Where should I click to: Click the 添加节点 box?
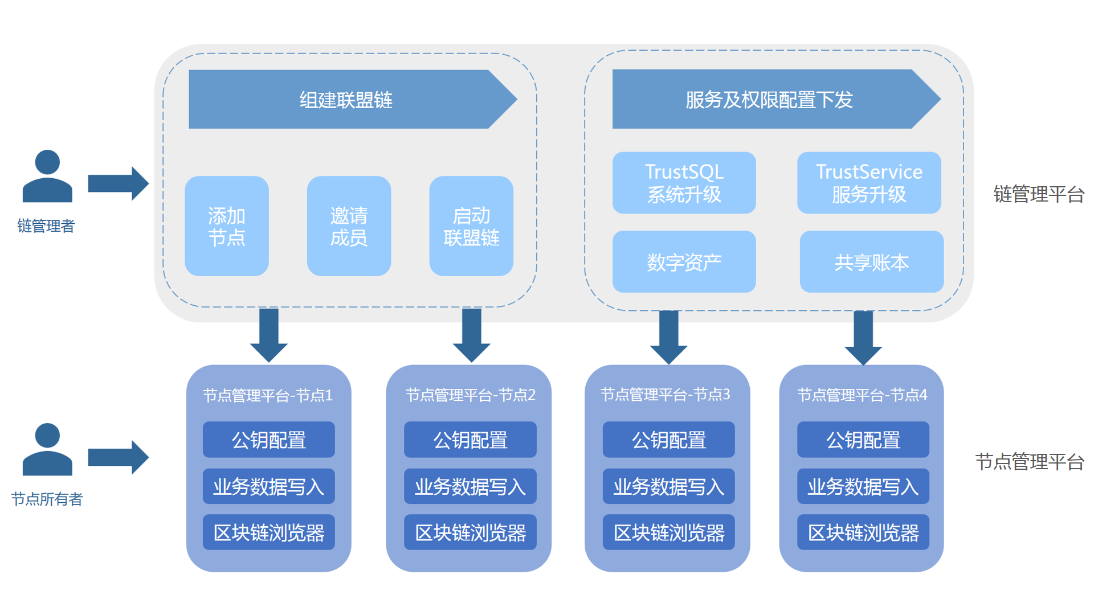pyautogui.click(x=226, y=226)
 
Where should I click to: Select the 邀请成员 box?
pyautogui.click(x=349, y=226)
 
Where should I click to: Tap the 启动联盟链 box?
pyautogui.click(x=471, y=226)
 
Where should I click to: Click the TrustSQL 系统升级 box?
pyautogui.click(x=684, y=183)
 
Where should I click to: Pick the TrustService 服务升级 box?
pyautogui.click(x=868, y=183)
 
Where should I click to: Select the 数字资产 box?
pyautogui.click(x=684, y=262)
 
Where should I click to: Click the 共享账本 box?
pyautogui.click(x=871, y=262)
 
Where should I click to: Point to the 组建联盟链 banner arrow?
pyautogui.click(x=348, y=100)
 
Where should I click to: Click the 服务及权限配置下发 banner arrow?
pyautogui.click(x=769, y=100)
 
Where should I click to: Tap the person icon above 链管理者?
pyautogui.click(x=47, y=177)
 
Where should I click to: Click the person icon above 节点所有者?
pyautogui.click(x=47, y=449)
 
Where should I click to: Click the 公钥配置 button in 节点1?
pyautogui.click(x=268, y=440)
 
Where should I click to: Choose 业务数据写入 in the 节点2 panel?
pyautogui.click(x=470, y=486)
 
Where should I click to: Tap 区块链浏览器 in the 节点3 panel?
pyautogui.click(x=668, y=532)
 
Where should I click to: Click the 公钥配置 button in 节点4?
pyautogui.click(x=863, y=440)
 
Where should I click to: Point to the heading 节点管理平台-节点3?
pyautogui.click(x=665, y=395)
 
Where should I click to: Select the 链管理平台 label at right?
pyautogui.click(x=1038, y=194)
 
